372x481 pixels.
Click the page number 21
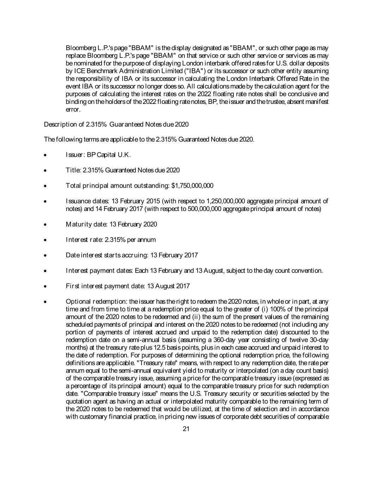(x=186, y=429)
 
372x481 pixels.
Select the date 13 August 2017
(x=168, y=286)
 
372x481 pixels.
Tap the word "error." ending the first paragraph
(x=73, y=110)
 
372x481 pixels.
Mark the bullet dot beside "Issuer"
(x=45, y=155)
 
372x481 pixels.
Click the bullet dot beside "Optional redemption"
(x=45, y=302)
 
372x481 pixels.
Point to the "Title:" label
(x=73, y=170)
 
